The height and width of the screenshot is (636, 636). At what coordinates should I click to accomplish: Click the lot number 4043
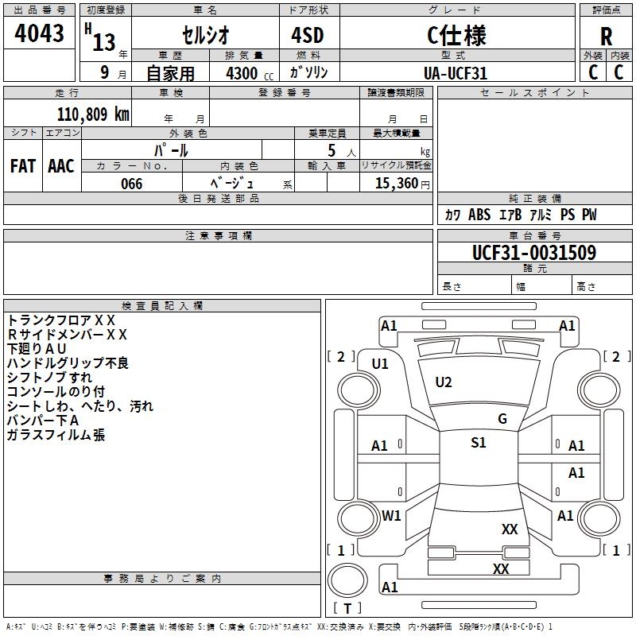(x=40, y=34)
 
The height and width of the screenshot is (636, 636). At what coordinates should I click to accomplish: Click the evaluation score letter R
(x=606, y=37)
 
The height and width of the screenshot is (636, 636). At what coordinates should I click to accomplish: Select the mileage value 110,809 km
(x=93, y=114)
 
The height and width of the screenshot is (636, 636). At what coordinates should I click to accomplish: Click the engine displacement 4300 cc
(x=247, y=73)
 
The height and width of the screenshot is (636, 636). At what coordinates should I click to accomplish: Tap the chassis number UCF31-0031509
(x=523, y=253)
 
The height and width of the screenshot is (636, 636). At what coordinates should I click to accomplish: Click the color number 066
(x=132, y=184)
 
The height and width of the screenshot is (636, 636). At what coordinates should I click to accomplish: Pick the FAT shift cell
(x=23, y=166)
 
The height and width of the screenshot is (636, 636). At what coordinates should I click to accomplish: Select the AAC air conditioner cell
(x=61, y=166)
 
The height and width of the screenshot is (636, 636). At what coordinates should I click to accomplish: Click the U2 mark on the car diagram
(x=444, y=382)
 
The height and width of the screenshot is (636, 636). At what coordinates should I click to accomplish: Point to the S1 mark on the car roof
(x=478, y=443)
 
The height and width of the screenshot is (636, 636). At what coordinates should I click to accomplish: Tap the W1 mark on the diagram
(x=391, y=515)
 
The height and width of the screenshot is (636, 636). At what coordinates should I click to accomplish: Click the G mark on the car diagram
(x=502, y=419)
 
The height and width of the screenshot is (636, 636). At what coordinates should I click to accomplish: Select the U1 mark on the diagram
(x=380, y=364)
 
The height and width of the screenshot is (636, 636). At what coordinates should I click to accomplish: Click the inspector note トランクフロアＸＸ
(x=61, y=320)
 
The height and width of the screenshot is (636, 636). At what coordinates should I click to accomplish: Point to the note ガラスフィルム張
(x=56, y=435)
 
